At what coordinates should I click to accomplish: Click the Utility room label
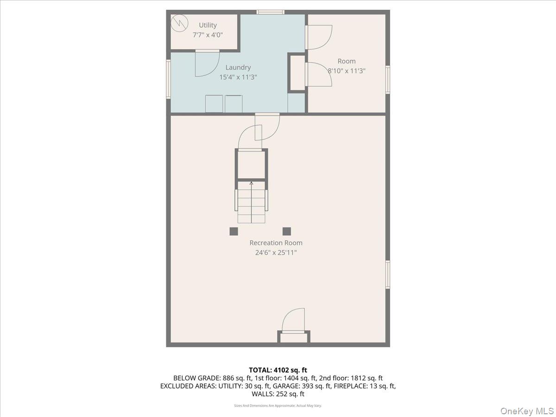pos(208,25)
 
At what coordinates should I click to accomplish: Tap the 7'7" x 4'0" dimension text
pos(208,35)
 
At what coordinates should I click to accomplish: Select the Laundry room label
pos(238,67)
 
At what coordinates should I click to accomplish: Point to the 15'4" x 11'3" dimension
pos(238,77)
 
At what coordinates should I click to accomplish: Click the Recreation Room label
pos(276,243)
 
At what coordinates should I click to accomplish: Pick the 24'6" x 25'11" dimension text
pos(276,253)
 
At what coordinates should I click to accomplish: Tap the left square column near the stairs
pos(234,231)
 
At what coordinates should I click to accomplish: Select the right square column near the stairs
pos(287,231)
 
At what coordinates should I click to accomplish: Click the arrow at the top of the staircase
pos(252,184)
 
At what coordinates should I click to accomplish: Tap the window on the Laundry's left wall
pos(169,79)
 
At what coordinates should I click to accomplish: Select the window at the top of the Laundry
pos(271,12)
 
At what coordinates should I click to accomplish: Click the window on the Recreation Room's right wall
pos(388,274)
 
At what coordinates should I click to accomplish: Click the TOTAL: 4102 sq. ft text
pos(278,370)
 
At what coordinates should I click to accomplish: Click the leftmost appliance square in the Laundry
pos(214,104)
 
